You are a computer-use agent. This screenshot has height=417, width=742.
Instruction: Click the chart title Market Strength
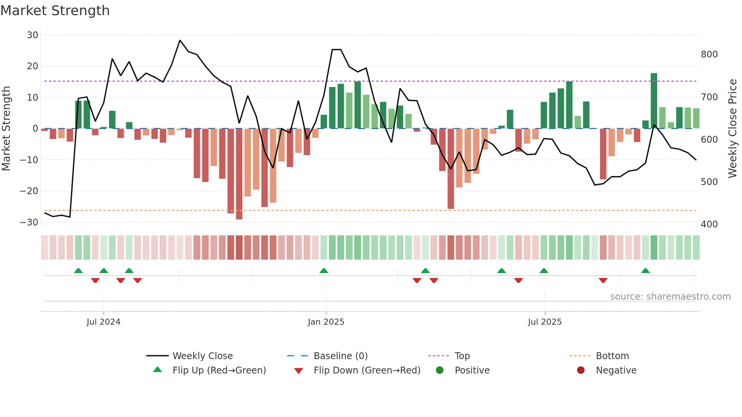[55, 11]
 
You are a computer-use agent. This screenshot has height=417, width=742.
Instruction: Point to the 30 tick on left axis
[33, 35]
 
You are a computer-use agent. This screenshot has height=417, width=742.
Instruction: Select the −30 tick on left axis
[29, 223]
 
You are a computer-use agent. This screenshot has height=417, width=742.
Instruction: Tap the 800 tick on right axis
[709, 54]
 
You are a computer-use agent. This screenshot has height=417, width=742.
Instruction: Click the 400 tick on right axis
[709, 224]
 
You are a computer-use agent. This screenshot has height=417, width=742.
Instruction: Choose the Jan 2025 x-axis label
[326, 322]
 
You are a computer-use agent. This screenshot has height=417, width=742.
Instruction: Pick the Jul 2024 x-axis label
[103, 322]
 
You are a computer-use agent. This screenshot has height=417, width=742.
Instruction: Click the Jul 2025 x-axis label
[545, 322]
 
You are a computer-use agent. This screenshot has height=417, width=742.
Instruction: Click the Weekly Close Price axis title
[733, 129]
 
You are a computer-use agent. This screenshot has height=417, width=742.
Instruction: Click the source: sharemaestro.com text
[670, 297]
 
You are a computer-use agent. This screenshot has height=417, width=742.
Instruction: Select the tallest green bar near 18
[654, 101]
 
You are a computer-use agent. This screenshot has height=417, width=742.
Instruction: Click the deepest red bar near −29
[239, 174]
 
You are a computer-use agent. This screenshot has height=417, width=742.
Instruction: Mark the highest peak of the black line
[180, 40]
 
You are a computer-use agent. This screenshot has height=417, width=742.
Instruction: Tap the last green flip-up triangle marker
[645, 271]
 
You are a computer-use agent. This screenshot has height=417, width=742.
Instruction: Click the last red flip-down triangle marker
[603, 280]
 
